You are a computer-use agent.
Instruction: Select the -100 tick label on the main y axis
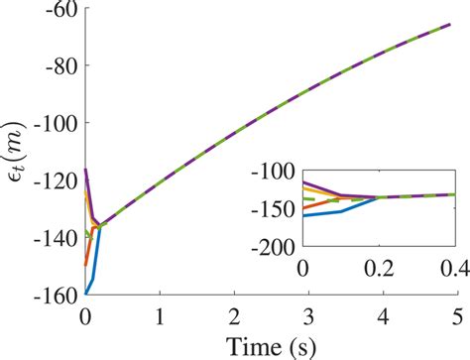[x=57, y=124]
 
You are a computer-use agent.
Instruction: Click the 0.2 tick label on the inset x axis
[x=379, y=266]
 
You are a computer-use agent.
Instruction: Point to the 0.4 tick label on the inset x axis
[x=455, y=266]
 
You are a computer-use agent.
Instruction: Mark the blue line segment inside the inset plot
[x=342, y=210]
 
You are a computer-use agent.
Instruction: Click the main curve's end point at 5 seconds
[x=457, y=24]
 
